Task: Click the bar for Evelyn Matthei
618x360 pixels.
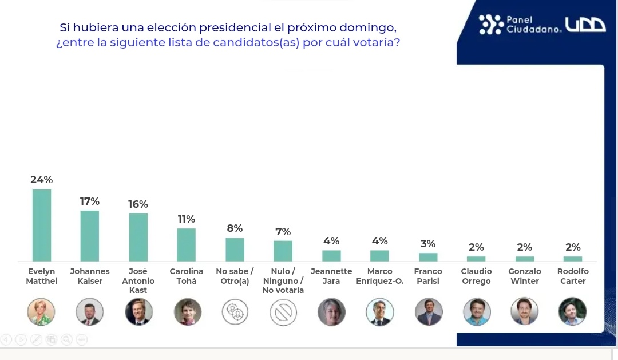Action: coord(42,225)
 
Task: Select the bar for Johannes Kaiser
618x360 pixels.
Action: coord(90,236)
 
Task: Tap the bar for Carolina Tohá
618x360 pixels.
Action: coord(187,245)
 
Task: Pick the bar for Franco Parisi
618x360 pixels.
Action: coord(428,257)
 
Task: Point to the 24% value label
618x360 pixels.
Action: coord(42,180)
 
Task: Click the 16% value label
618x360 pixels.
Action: coord(138,204)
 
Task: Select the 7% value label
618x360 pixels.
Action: coord(283,232)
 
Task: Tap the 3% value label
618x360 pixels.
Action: coord(428,244)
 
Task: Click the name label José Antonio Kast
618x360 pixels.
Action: coord(138,280)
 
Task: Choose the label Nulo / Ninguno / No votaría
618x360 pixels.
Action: coord(283,280)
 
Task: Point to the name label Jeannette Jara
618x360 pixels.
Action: coord(331,276)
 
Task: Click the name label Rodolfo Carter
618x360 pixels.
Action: coord(573,276)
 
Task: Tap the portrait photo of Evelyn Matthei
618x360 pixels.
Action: coord(41,312)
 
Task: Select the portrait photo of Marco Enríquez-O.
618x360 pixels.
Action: coord(380,312)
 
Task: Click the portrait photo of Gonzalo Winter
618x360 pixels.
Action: coord(524,312)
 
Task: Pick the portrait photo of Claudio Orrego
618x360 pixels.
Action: coord(477,312)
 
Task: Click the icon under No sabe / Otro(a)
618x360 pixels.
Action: coord(235,312)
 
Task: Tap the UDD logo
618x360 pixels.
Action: coord(585,25)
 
